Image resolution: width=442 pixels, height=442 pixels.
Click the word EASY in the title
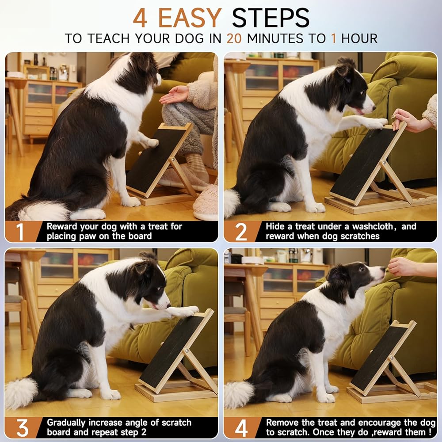(x=190, y=18)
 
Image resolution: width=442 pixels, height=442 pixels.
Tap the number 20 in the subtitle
(x=234, y=38)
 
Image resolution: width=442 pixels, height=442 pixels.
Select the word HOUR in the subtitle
(x=359, y=38)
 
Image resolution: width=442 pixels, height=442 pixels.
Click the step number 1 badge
(x=20, y=232)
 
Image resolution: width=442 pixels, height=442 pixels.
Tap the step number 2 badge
(x=241, y=232)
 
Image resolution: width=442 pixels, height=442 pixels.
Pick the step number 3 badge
(x=22, y=428)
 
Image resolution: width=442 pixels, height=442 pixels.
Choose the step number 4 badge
(x=241, y=428)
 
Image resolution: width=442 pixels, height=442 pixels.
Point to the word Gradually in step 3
(x=66, y=423)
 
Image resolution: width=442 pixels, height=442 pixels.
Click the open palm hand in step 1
(x=174, y=95)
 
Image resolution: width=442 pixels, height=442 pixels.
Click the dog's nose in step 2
(x=373, y=107)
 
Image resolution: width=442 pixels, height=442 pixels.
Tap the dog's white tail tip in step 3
(x=20, y=393)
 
